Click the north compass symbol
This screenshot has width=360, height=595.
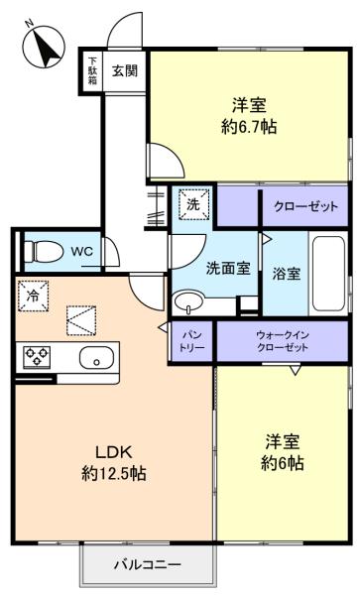(x=44, y=46)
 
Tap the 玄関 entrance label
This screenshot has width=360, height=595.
(x=124, y=71)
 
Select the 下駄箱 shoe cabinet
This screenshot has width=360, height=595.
(x=92, y=71)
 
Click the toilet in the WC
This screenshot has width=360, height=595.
(x=44, y=251)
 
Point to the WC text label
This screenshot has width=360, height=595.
(x=82, y=251)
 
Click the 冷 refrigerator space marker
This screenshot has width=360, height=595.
(x=33, y=296)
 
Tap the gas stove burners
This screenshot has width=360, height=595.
(x=37, y=357)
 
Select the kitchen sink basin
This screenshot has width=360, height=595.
(x=96, y=357)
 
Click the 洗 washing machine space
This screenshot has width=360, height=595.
(x=193, y=204)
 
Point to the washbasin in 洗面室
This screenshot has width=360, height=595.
(x=188, y=302)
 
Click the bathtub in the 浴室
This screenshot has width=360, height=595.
(x=328, y=274)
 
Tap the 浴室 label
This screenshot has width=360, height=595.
(x=286, y=274)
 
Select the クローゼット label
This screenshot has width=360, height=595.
(x=305, y=207)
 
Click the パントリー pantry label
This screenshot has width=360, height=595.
(x=192, y=341)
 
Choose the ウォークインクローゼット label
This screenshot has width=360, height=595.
(x=283, y=341)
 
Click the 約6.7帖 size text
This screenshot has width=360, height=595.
(x=249, y=127)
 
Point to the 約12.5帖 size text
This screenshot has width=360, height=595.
(x=114, y=473)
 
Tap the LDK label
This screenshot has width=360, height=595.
(x=113, y=452)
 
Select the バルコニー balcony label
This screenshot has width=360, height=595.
(x=148, y=564)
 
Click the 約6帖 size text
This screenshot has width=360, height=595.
(x=283, y=463)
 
